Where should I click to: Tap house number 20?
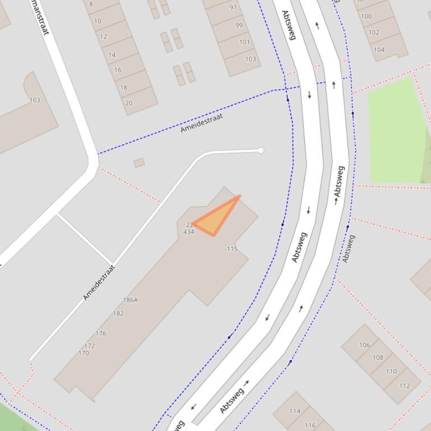pos(128,103)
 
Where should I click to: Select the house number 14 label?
pos(112,55)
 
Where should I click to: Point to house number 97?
pos(233,8)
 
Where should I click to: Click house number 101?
pos(244,42)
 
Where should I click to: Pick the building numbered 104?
pos(379,49)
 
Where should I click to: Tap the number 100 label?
pos(366,16)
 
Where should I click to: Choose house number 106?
pos(364,345)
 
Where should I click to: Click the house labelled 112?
pos(404,386)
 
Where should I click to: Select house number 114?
pos(295,411)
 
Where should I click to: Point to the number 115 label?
pos(232,249)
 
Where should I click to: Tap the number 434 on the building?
pos(189,232)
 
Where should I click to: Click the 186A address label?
pos(130,300)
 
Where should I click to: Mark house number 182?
pos(118,313)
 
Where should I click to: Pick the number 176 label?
pos(101,334)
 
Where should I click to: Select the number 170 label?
pos(84,353)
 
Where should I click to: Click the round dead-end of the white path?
pos(261,150)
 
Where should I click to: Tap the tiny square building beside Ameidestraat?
pos(139,163)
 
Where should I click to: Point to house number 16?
pos(118,71)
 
